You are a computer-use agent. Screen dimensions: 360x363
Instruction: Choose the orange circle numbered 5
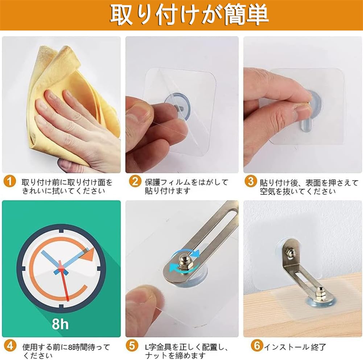click(x=135, y=346)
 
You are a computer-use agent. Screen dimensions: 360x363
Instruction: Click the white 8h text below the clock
click(x=60, y=323)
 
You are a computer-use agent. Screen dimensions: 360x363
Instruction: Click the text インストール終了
click(x=295, y=347)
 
